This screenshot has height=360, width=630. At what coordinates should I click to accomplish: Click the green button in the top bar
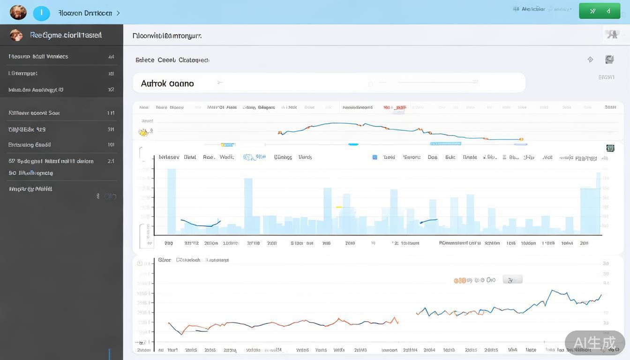pos(600,11)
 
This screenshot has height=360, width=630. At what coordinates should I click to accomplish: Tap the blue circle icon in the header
pos(41,13)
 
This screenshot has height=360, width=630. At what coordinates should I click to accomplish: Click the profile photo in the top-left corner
pos(18,12)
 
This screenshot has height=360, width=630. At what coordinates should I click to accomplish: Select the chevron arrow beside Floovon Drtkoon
pos(118,13)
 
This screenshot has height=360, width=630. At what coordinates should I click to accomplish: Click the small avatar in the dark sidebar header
pos(16,35)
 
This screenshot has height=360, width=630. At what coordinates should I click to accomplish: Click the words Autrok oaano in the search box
pos(167,83)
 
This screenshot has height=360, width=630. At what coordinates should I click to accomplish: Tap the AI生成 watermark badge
pos(594,343)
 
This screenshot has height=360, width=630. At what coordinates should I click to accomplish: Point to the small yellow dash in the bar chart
pos(339,207)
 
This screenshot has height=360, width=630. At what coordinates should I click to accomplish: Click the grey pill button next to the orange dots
pos(512,280)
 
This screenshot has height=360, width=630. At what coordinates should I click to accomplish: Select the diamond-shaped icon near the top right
pos(590,60)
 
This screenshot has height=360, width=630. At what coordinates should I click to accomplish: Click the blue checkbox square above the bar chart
pos(375,157)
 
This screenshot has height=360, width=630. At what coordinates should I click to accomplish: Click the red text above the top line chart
pos(394,107)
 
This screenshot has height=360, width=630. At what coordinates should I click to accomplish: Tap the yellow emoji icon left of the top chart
pos(144,133)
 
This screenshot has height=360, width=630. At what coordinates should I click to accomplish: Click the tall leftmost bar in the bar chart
pos(172,202)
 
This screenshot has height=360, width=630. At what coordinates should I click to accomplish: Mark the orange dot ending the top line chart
pos(521,139)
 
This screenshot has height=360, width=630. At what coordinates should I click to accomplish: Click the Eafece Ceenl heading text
pos(172,60)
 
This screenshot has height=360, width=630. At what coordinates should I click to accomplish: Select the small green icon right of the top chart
pos(610,148)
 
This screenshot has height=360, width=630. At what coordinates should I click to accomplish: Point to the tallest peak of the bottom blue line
pos(553,291)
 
